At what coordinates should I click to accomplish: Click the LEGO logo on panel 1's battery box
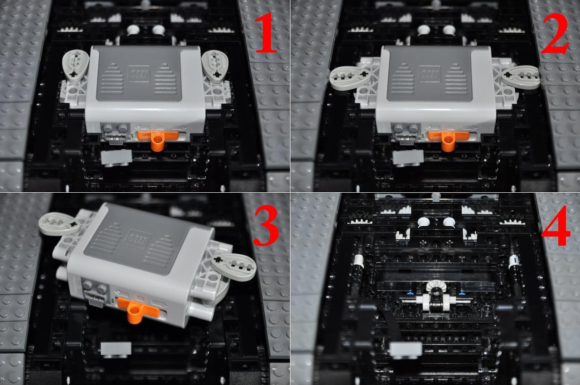[x=139, y=74]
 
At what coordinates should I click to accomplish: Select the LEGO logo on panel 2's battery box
[x=430, y=75]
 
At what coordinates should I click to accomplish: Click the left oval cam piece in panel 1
[x=76, y=66]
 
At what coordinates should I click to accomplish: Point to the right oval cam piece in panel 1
[x=215, y=67]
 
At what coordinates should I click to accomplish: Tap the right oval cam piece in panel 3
[x=233, y=267]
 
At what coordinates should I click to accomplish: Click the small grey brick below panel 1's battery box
[x=116, y=158]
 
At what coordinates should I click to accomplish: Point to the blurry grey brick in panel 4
[x=406, y=350]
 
